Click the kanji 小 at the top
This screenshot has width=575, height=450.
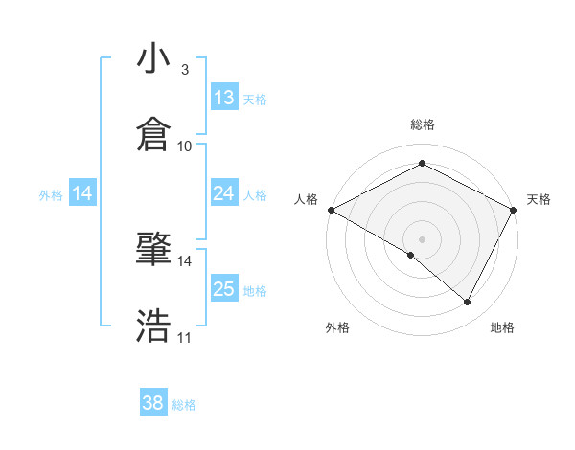click(x=154, y=58)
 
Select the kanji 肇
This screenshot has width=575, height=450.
click(x=154, y=250)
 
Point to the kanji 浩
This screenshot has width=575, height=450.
click(x=154, y=325)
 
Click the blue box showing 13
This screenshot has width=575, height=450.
click(x=224, y=98)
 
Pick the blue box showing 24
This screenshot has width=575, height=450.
click(x=224, y=193)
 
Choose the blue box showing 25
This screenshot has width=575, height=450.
click(x=224, y=289)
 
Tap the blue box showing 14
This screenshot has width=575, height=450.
click(x=83, y=193)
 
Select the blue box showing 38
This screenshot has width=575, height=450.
click(x=153, y=403)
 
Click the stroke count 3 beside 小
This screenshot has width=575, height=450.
click(x=184, y=70)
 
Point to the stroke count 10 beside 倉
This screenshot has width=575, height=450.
click(x=185, y=146)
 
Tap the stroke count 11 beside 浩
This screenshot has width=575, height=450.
click(x=185, y=337)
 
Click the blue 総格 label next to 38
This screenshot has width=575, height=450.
click(x=184, y=405)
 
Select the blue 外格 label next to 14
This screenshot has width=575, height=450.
click(x=51, y=194)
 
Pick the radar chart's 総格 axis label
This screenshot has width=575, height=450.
click(x=423, y=124)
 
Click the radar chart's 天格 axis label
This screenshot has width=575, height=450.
click(x=539, y=199)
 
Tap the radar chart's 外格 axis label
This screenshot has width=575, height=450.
click(x=337, y=327)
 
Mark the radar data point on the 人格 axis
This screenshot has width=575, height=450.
click(x=331, y=210)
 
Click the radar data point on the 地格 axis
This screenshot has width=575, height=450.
click(x=468, y=303)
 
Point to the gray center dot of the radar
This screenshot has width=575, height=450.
click(x=422, y=238)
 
